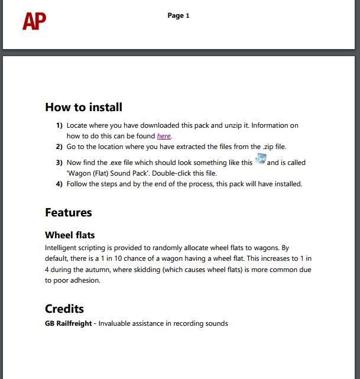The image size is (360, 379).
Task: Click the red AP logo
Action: [34, 21]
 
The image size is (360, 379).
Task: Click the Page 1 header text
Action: [179, 15]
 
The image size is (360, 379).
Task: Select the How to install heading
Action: [84, 107]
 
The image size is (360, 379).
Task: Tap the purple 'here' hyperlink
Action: [164, 136]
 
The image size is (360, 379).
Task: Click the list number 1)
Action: [59, 125]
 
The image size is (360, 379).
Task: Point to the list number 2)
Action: [59, 146]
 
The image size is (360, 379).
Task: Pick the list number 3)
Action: [59, 163]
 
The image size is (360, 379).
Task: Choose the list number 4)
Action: [59, 184]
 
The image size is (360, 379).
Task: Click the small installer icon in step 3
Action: [260, 160]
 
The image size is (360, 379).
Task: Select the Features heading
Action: [69, 212]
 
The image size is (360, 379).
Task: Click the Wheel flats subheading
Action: [70, 235]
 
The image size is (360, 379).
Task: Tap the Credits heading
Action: [64, 309]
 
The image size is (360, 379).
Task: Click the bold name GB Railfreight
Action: [69, 323]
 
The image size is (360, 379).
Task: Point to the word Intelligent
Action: [62, 248]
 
